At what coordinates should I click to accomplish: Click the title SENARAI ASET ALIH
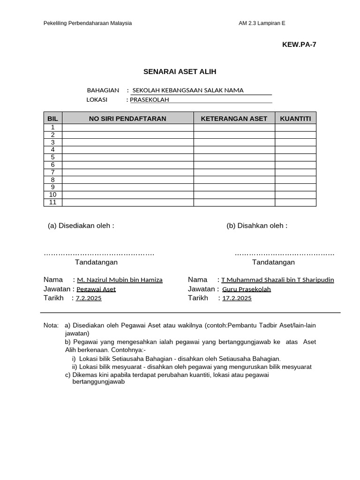pyautogui.click(x=180, y=72)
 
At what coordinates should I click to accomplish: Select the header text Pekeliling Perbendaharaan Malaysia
pyautogui.click(x=88, y=23)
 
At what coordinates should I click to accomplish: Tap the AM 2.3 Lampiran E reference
pyautogui.click(x=265, y=23)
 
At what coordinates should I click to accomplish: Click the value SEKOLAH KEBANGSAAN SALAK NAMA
pyautogui.click(x=188, y=90)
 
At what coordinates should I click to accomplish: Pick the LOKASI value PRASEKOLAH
pyautogui.click(x=149, y=99)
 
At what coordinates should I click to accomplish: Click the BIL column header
pyautogui.click(x=52, y=119)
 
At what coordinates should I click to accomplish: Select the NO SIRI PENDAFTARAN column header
pyautogui.click(x=127, y=119)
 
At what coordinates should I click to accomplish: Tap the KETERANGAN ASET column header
pyautogui.click(x=234, y=119)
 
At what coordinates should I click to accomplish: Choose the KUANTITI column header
pyautogui.click(x=295, y=119)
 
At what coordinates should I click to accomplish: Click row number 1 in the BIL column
pyautogui.click(x=53, y=127)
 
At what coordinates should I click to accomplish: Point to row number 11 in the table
pyautogui.click(x=53, y=202)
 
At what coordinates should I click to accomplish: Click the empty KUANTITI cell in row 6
pyautogui.click(x=295, y=165)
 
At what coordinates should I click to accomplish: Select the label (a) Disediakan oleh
pyautogui.click(x=81, y=225)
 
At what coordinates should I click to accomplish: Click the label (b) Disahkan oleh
pyautogui.click(x=257, y=225)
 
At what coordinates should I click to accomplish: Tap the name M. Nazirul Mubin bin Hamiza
pyautogui.click(x=120, y=280)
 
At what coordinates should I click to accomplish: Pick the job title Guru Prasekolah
pyautogui.click(x=247, y=289)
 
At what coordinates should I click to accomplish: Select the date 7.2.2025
pyautogui.click(x=89, y=299)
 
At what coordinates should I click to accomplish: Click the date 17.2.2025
pyautogui.click(x=237, y=299)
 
